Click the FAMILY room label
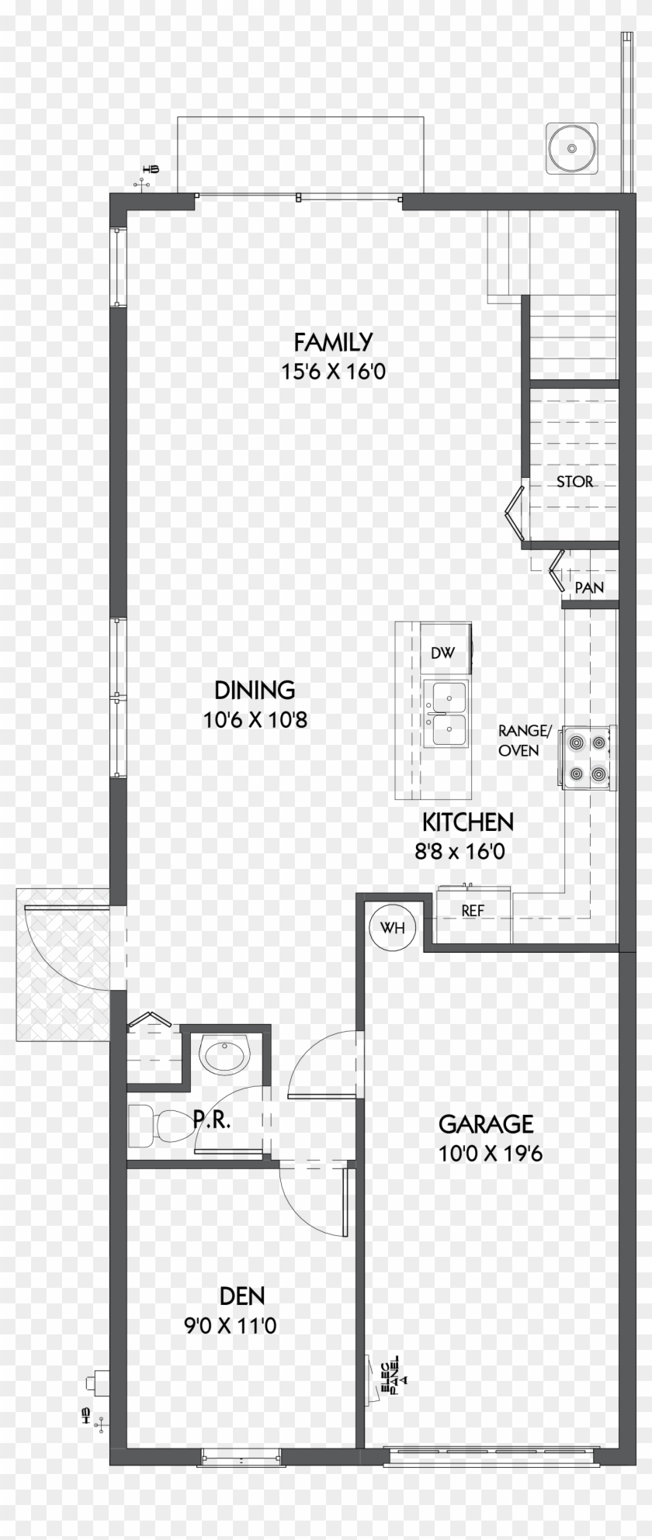(333, 341)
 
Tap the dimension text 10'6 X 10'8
(255, 720)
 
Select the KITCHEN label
(467, 822)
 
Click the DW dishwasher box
(442, 652)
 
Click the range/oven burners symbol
(587, 757)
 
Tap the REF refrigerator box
(473, 912)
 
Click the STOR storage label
(574, 482)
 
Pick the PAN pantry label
(589, 588)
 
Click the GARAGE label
(486, 1123)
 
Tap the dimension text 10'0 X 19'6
(490, 1154)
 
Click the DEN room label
(241, 1296)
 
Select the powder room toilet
(156, 1125)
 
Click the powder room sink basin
(224, 1054)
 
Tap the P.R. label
(210, 1120)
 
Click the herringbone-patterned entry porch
(62, 966)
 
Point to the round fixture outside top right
(572, 147)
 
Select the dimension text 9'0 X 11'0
(230, 1326)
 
